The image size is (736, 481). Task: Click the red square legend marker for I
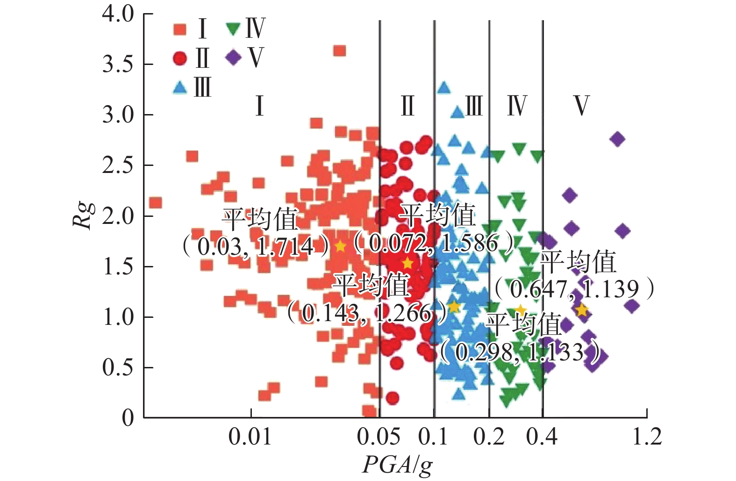point(180,29)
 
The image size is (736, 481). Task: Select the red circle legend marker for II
point(180,58)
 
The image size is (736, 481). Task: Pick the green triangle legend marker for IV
point(233,29)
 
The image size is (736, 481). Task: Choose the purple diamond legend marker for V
point(233,57)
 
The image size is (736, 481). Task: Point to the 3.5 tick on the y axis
point(118,65)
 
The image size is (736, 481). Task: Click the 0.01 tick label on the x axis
point(250,437)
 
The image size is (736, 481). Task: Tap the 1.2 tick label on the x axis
point(647,437)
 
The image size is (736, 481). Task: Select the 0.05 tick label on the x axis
point(379,437)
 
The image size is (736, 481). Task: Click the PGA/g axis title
point(397,465)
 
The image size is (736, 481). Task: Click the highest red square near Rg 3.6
point(340,50)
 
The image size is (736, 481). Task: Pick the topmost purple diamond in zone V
point(617,139)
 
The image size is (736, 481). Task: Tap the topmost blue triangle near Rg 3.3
point(443,87)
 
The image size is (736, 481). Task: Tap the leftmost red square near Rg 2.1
point(155,203)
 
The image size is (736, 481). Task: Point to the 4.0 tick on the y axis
point(118,14)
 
